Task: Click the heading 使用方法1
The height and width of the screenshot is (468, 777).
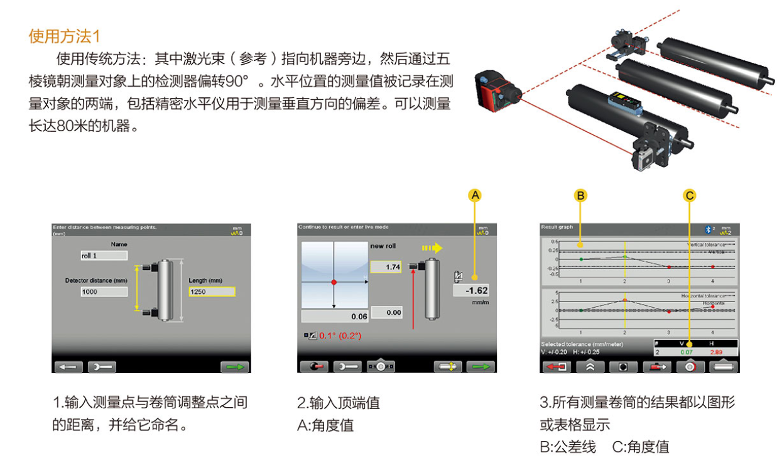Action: (x=64, y=36)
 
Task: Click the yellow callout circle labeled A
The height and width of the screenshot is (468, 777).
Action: (x=475, y=195)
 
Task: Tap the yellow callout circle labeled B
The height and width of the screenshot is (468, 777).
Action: (x=581, y=195)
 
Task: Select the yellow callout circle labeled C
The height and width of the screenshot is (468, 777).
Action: (x=690, y=195)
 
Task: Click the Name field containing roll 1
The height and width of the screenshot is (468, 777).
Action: (x=103, y=256)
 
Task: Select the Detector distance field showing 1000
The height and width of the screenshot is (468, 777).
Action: (x=104, y=291)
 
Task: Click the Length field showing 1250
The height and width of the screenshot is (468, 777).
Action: (x=212, y=291)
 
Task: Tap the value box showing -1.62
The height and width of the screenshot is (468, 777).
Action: (x=470, y=291)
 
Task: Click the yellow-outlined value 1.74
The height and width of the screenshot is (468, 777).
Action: (x=385, y=268)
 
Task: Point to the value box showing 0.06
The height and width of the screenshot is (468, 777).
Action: (x=335, y=316)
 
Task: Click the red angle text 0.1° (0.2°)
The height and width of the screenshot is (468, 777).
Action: (x=340, y=335)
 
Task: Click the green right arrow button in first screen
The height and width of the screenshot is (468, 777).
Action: (x=234, y=367)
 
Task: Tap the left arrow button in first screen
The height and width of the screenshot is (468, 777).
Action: (x=68, y=367)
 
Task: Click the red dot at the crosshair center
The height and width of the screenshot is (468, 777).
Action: (x=334, y=282)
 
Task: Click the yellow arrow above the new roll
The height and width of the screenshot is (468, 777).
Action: (x=432, y=248)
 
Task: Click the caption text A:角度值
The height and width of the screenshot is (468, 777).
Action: (x=325, y=425)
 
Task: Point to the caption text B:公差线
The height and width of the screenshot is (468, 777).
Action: (x=568, y=447)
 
